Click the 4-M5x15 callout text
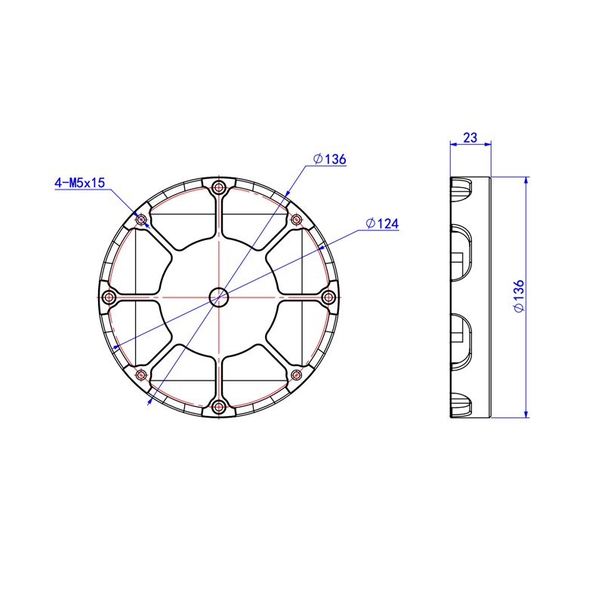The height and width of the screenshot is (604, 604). click(80, 182)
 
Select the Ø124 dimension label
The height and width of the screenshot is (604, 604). click(382, 223)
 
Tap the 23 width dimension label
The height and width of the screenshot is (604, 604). click(470, 137)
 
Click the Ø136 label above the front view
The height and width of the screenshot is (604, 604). click(330, 159)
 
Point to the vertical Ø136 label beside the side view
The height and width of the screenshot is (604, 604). click(519, 296)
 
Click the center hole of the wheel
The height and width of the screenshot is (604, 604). click(219, 297)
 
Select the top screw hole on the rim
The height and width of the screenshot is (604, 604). click(219, 188)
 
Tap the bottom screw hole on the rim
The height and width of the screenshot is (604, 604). click(219, 406)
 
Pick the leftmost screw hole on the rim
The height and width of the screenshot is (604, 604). click(109, 297)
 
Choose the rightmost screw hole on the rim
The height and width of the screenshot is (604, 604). click(328, 297)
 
